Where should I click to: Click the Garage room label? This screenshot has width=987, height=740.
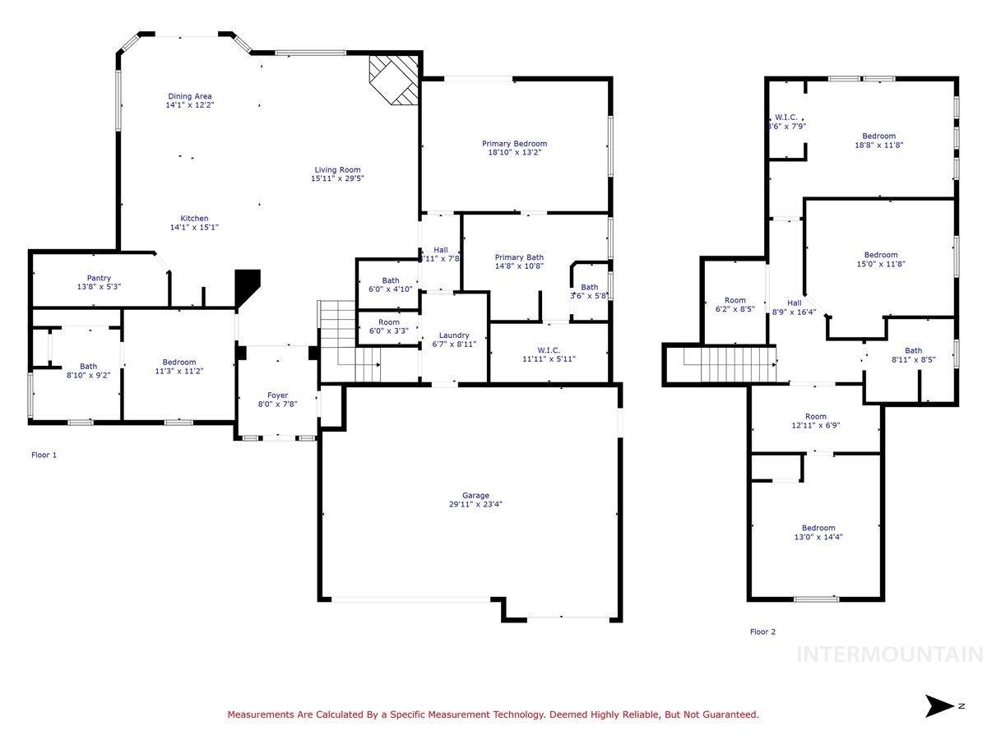[x=475, y=495]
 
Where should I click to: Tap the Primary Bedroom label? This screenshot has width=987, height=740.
[x=514, y=144]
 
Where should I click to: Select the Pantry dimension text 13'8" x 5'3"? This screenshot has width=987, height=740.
[x=99, y=287]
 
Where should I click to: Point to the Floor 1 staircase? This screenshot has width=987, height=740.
[x=350, y=341]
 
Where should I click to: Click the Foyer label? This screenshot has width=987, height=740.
[x=278, y=395]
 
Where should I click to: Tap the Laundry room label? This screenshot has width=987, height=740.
[x=454, y=335]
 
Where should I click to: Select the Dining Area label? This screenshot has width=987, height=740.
[x=190, y=96]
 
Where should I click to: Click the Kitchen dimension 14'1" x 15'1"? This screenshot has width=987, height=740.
[x=194, y=227]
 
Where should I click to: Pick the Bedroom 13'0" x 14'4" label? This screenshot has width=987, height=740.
[x=818, y=528]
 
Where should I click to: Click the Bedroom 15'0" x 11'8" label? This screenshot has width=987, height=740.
[x=880, y=255]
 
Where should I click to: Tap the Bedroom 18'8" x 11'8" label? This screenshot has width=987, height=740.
[x=878, y=136]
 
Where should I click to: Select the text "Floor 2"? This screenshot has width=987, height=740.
[x=762, y=632]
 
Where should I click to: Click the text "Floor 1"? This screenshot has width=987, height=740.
[x=44, y=455]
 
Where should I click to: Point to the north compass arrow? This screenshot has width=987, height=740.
[x=938, y=705]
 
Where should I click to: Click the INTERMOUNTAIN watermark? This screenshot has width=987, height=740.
[x=890, y=654]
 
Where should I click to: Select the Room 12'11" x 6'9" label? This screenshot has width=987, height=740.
[x=815, y=417]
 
